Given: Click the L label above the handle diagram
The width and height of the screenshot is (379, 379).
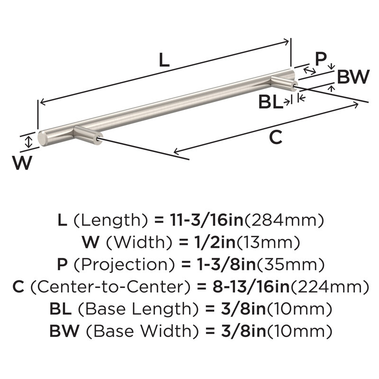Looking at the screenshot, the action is click(x=164, y=60).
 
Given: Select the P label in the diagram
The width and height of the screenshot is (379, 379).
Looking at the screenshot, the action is click(x=321, y=59).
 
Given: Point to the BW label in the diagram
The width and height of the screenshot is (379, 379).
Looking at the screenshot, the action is click(x=353, y=77).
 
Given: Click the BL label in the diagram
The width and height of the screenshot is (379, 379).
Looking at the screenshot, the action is click(x=271, y=102).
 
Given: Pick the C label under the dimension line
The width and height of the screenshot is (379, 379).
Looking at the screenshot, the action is click(x=276, y=137).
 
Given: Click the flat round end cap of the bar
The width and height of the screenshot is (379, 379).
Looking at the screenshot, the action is click(x=42, y=139).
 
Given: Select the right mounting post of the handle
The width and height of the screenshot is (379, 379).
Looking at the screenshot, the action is click(x=284, y=83).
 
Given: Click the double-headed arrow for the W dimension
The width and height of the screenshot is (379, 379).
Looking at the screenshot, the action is click(x=29, y=142).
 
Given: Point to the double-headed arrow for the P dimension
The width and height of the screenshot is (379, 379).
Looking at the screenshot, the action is click(x=309, y=71).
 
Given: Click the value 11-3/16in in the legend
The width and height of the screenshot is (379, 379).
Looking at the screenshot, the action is click(x=207, y=220).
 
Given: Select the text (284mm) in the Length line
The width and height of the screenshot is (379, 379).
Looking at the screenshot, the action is click(x=284, y=220).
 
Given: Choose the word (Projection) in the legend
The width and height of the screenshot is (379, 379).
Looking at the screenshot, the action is click(x=124, y=264).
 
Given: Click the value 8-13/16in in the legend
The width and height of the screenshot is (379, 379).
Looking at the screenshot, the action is click(x=251, y=287).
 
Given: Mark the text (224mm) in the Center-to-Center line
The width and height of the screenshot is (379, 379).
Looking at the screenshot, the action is click(x=330, y=287).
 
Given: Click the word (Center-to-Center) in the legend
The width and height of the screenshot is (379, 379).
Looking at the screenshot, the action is click(x=111, y=287).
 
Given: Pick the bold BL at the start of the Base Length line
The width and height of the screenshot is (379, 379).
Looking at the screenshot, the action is click(x=61, y=309).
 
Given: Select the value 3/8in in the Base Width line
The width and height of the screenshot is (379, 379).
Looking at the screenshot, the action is click(x=244, y=331).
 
